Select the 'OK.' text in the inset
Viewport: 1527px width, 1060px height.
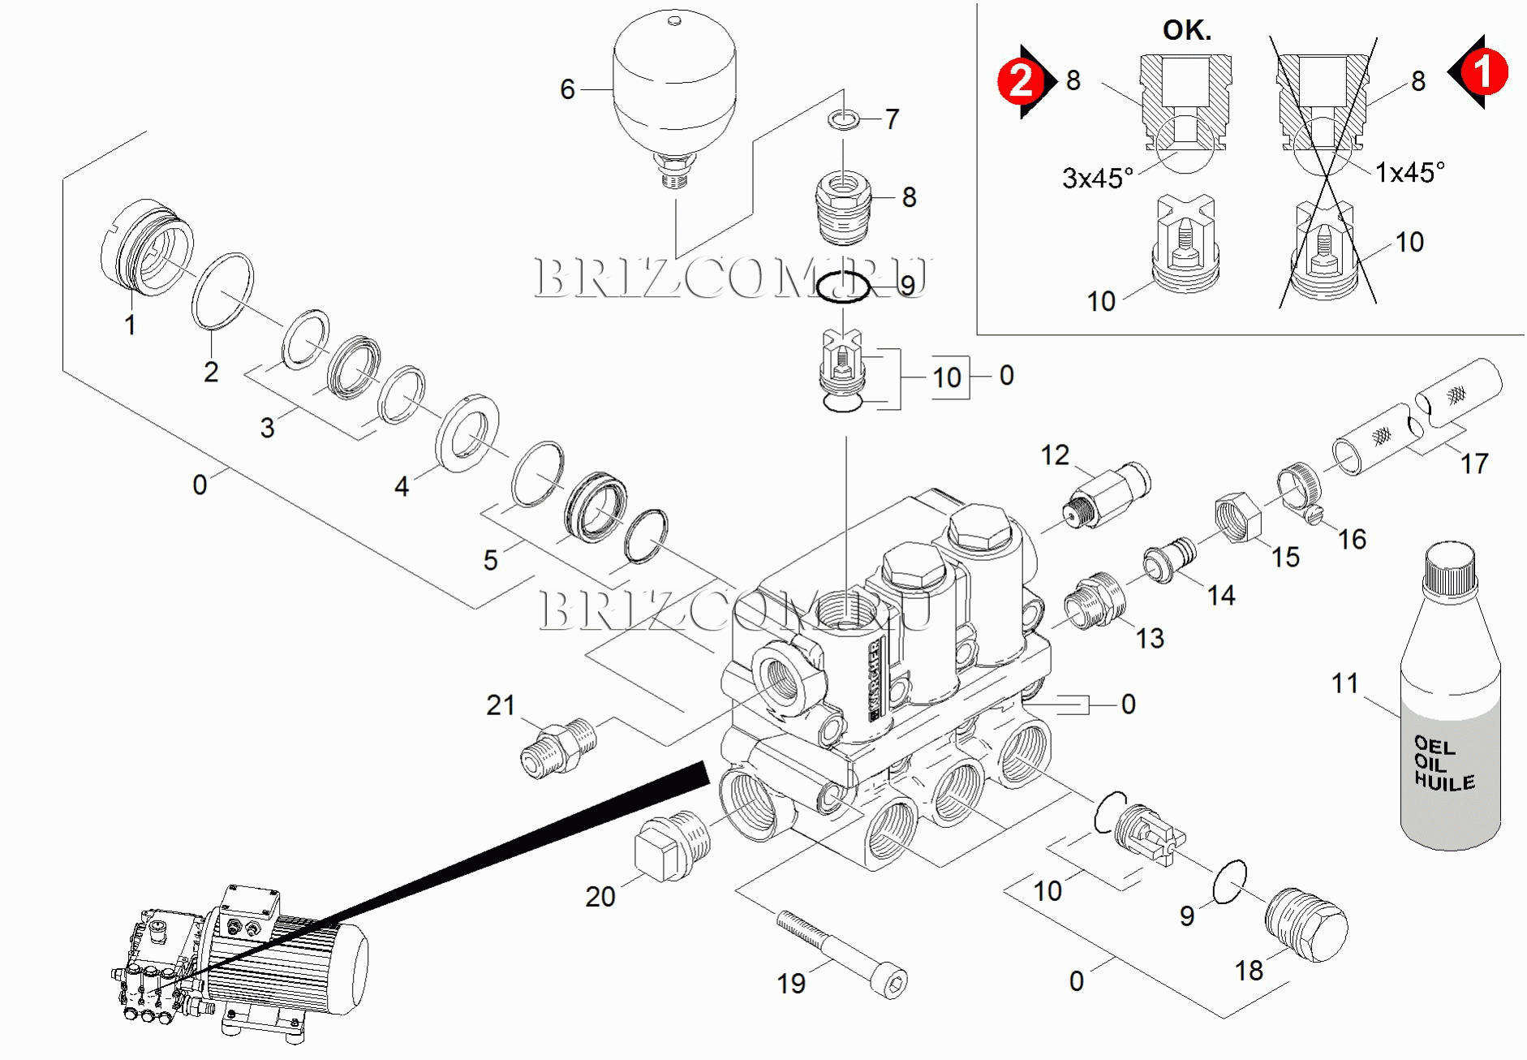(1186, 30)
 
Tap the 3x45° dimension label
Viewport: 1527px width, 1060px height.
(1097, 178)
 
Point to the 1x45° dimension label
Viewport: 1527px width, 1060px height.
(1409, 172)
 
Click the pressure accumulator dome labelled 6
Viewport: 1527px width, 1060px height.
(674, 81)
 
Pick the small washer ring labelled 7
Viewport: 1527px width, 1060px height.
(844, 120)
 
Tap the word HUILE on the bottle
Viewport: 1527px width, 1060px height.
(1444, 782)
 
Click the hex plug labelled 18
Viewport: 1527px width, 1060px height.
(1306, 925)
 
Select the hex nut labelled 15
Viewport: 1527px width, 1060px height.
(1237, 517)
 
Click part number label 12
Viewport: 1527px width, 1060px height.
(1055, 455)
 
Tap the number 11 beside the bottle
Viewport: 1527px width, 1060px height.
(1344, 683)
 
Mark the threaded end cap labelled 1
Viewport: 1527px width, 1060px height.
(146, 248)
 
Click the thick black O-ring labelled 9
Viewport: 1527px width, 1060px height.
(842, 287)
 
